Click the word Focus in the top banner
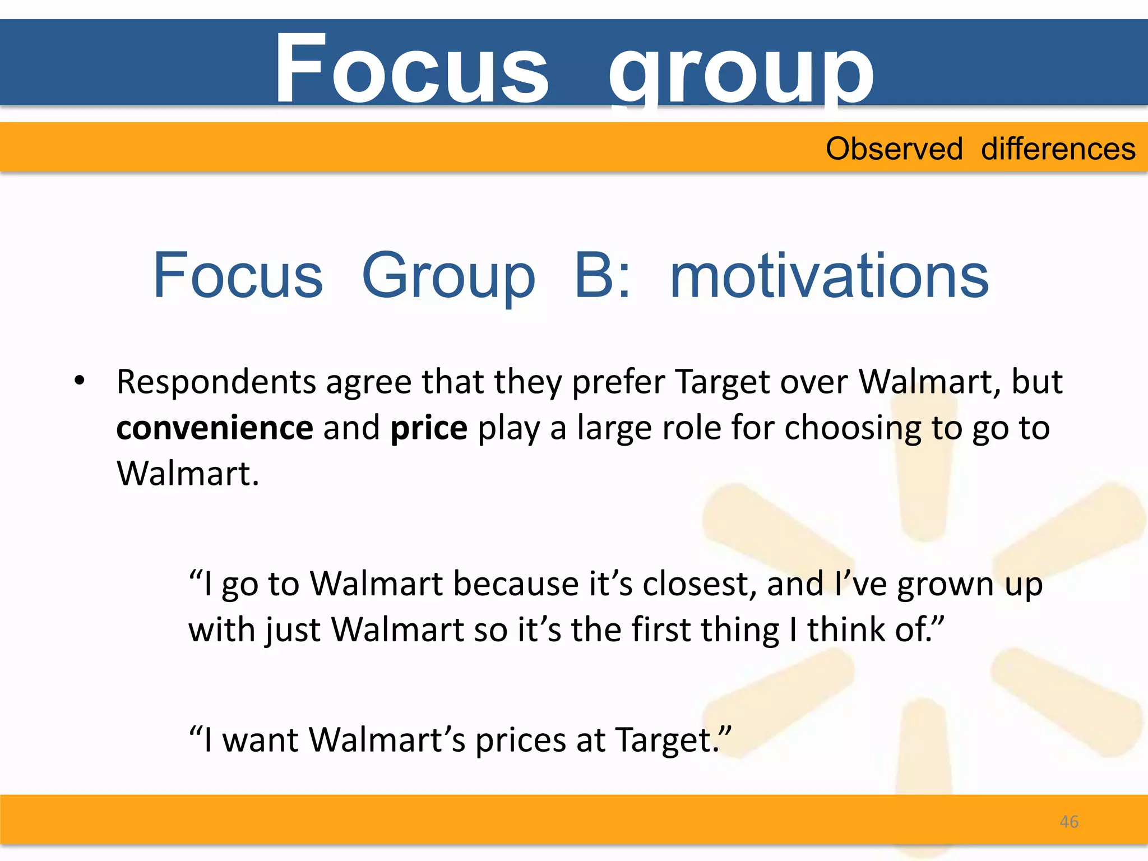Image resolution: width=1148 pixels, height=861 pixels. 411,68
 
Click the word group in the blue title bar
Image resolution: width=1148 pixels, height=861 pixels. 741,72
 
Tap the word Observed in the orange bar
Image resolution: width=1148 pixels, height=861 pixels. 894,149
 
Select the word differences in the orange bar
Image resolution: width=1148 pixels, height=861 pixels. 1058,149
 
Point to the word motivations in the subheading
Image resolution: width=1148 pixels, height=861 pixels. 829,276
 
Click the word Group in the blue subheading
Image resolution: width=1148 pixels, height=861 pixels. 448,276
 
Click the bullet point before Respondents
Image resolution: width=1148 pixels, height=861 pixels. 80,381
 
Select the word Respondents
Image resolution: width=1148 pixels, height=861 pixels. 216,383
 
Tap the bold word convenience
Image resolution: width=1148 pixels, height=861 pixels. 215,428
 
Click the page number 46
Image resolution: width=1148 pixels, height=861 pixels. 1069,822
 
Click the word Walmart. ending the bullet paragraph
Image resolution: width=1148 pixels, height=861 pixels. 188,474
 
